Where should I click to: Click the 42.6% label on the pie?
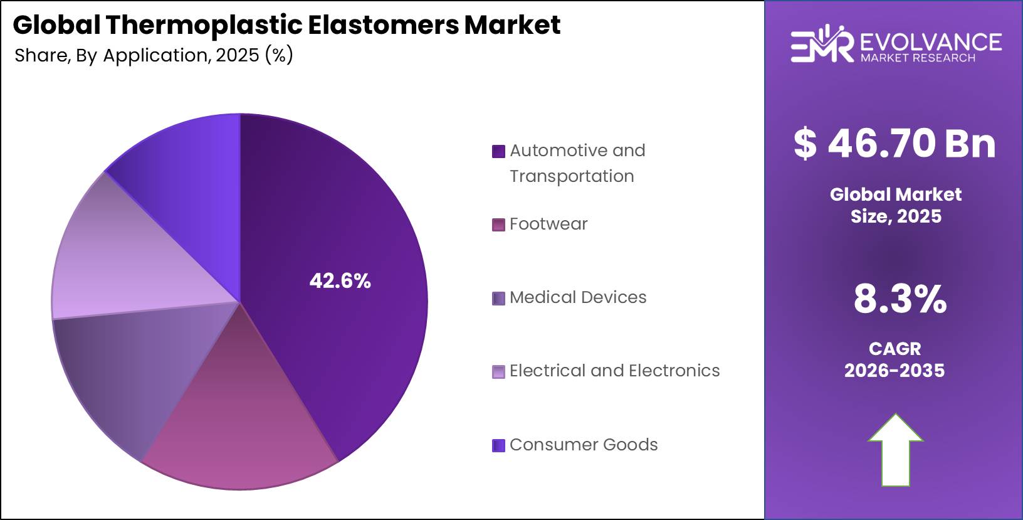(x=340, y=280)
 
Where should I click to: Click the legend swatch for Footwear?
(x=498, y=225)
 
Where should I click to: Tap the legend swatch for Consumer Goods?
(x=498, y=445)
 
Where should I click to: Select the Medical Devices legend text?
(x=577, y=297)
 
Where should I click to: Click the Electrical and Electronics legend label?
(x=614, y=371)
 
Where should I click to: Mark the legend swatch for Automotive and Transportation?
(x=498, y=151)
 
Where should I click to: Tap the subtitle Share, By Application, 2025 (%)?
(x=154, y=55)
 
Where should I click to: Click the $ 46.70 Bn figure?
(x=894, y=143)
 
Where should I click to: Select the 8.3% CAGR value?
(x=900, y=299)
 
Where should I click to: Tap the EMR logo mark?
(x=821, y=45)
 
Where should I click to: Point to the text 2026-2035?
(x=894, y=371)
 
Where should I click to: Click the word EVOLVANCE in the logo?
(x=931, y=41)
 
